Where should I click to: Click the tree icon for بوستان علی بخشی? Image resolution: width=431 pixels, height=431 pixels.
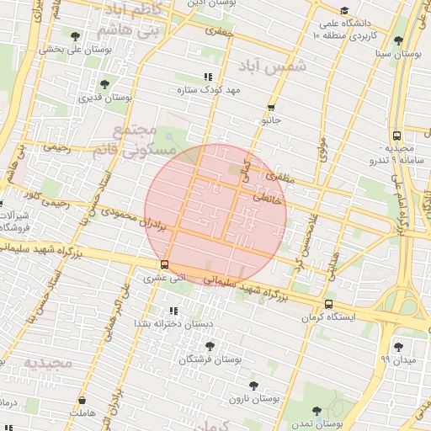pos(77,35)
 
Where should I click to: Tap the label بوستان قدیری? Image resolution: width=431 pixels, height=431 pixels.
pos(105,98)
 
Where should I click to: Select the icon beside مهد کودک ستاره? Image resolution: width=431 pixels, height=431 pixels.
pos(208,77)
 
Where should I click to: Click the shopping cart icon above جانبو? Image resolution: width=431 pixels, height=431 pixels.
pos(270,108)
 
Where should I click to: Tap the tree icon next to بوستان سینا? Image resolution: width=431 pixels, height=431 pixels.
pos(398,40)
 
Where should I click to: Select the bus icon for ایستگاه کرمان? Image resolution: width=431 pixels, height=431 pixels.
pos(327,305)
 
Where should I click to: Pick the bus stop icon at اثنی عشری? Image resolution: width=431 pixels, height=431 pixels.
pos(163,263)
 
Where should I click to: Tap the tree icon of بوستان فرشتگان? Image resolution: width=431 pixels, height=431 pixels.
pos(210,346)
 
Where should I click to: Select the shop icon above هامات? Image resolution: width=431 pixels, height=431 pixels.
pos(82,401)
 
